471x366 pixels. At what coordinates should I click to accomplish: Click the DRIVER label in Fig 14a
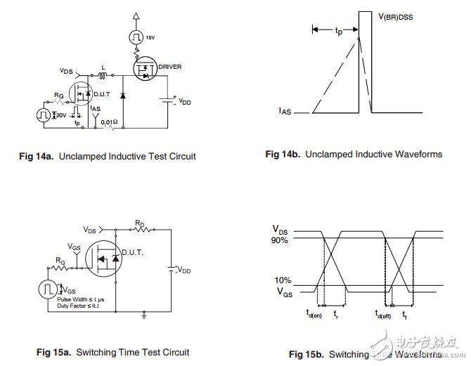(x=169, y=67)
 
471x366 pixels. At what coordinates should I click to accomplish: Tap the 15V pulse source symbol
(x=136, y=35)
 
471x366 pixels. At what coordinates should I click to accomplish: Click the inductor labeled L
(x=102, y=75)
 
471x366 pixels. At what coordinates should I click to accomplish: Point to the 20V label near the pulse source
(x=61, y=114)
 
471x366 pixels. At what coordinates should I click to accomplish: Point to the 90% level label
(x=280, y=240)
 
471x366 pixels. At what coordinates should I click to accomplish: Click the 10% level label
(x=283, y=281)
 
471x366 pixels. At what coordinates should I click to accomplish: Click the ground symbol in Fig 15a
(x=144, y=316)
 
